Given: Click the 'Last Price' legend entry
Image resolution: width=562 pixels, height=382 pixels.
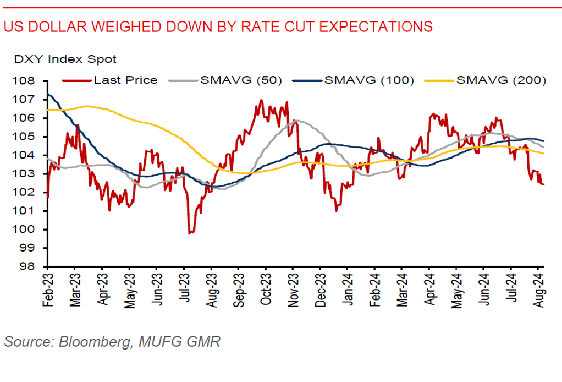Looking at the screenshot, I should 125,80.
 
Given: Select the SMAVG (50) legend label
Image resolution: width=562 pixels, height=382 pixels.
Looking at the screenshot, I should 241,80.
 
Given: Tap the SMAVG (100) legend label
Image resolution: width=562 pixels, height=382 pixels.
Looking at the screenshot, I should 369,80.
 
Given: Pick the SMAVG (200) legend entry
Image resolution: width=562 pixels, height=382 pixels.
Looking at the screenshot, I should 501,80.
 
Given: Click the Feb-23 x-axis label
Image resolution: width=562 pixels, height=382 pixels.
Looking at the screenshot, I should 48,286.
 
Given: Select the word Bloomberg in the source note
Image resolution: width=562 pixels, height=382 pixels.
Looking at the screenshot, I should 92,342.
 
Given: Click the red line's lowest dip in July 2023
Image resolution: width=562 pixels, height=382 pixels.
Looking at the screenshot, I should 190,233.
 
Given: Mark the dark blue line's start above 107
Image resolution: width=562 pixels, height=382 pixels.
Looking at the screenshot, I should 48,94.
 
